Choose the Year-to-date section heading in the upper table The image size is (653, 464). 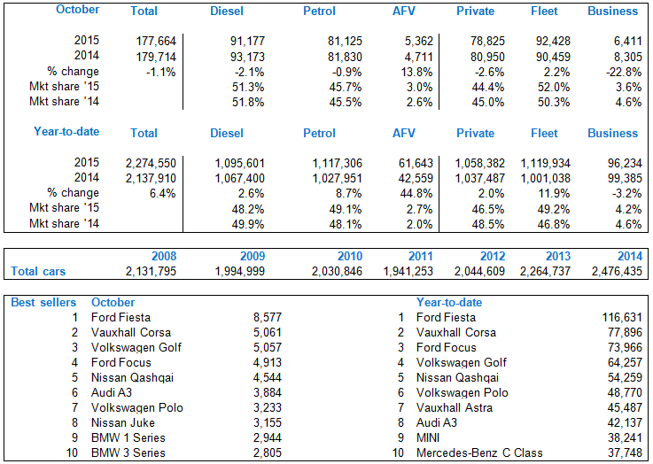[x=66, y=132]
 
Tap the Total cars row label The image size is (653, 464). [x=38, y=271]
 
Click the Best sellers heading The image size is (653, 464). [x=43, y=302]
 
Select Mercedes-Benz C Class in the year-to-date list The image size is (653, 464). [x=480, y=452]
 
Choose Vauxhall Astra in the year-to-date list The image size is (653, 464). [x=455, y=407]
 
